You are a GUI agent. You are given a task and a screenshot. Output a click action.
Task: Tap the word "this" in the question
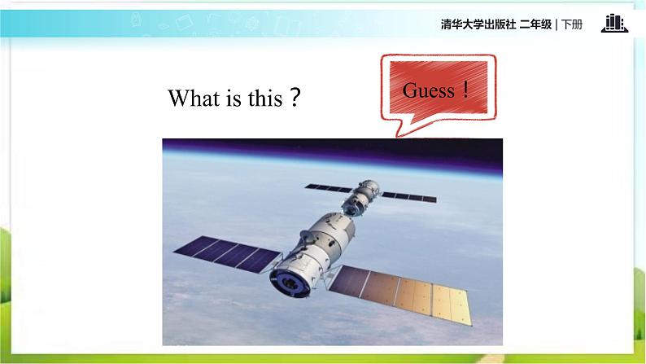tap(265, 98)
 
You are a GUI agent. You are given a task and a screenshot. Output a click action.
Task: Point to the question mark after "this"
tap(295, 98)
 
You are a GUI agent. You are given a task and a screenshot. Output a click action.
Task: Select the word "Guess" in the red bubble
tap(428, 90)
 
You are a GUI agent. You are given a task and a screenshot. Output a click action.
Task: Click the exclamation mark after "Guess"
tap(465, 89)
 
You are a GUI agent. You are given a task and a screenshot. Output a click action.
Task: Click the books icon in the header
tap(614, 24)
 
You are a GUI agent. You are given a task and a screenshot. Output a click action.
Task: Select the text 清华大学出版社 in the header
tap(478, 24)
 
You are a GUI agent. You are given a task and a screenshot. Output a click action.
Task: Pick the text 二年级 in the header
tap(535, 24)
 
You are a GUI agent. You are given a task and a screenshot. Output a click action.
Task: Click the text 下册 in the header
tap(572, 24)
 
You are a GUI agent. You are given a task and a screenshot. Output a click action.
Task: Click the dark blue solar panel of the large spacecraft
tap(228, 253)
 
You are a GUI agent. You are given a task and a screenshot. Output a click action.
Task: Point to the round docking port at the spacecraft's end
tap(290, 283)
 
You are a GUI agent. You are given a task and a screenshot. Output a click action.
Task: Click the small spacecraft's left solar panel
tap(329, 188)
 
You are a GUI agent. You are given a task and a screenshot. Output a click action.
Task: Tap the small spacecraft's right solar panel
tap(408, 196)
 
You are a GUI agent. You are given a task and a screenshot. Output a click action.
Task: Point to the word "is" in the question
tap(234, 98)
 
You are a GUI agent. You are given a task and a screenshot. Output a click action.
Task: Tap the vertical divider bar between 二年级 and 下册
tap(557, 24)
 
